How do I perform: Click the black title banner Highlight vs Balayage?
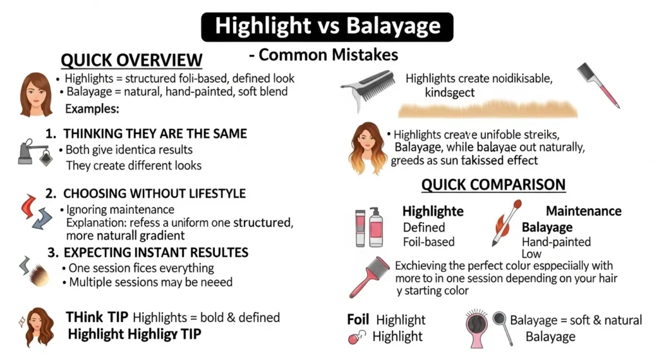coord(328,26)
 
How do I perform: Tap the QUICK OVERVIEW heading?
coord(131,61)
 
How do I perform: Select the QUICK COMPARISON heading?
coord(493,185)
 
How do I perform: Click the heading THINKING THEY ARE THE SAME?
coord(146,134)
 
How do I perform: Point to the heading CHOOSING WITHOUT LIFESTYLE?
coord(145,193)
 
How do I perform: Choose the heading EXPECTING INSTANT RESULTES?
coord(147,252)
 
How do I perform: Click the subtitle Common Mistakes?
coord(323,55)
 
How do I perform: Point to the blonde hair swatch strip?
coord(487,108)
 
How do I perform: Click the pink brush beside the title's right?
coord(598,84)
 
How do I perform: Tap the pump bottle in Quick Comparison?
coord(376,227)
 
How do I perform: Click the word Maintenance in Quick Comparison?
coord(583,211)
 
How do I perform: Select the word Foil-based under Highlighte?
coord(429,242)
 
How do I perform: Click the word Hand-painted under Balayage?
coord(556,242)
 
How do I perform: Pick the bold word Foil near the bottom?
coord(358,320)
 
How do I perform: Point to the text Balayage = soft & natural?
coord(576,320)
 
